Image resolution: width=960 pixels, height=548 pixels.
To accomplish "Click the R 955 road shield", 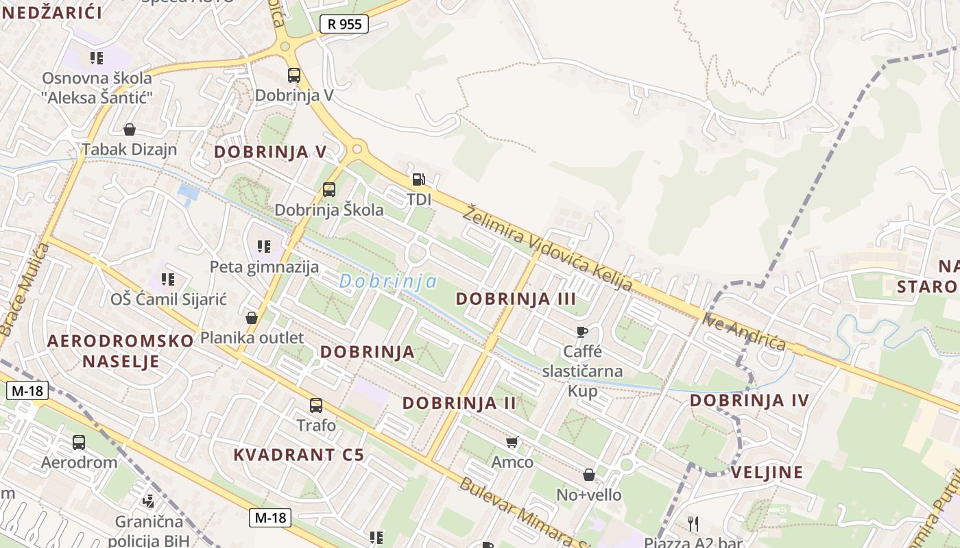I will pyautogui.click(x=344, y=24).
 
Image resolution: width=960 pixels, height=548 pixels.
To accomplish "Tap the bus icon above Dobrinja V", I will pyautogui.click(x=294, y=75).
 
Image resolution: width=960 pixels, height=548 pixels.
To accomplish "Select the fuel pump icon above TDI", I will pyautogui.click(x=418, y=180).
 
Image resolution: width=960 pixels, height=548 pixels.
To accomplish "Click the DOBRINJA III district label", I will pyautogui.click(x=516, y=299).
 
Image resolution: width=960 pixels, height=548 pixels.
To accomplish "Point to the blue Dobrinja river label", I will pyautogui.click(x=388, y=282).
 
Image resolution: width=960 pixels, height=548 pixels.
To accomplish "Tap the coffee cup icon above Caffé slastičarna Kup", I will pyautogui.click(x=582, y=332).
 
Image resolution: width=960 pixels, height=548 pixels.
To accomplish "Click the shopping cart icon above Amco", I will pyautogui.click(x=512, y=443).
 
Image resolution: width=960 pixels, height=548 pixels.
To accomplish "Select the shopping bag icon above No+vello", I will pyautogui.click(x=589, y=475).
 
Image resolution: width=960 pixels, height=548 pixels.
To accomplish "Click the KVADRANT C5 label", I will pyautogui.click(x=298, y=454).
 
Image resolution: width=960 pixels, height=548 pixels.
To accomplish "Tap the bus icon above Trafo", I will pyautogui.click(x=316, y=406).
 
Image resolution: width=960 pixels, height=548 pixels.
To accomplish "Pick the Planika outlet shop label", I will pyautogui.click(x=252, y=338).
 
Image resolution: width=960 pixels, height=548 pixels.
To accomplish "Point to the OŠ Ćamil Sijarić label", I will pyautogui.click(x=169, y=299).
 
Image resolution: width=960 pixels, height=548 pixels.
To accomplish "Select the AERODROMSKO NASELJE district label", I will pyautogui.click(x=121, y=351).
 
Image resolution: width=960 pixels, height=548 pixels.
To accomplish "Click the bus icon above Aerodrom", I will pyautogui.click(x=79, y=443).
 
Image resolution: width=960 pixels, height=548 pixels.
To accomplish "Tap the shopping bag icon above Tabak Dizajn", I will pyautogui.click(x=130, y=129).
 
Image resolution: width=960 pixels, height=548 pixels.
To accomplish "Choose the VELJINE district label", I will pyautogui.click(x=767, y=472).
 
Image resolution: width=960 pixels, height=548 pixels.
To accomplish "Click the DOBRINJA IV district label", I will pyautogui.click(x=749, y=400).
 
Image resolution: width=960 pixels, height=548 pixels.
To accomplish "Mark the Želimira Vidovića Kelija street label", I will pyautogui.click(x=547, y=248).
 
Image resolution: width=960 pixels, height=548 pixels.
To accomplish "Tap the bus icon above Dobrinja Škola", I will pyautogui.click(x=329, y=190).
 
